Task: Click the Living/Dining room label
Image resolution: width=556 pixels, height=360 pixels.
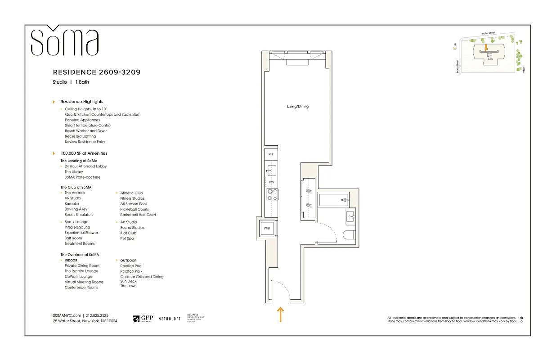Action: (x=297, y=107)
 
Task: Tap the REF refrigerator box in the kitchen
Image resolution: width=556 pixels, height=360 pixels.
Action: (x=271, y=154)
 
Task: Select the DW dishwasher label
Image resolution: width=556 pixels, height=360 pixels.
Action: (x=271, y=182)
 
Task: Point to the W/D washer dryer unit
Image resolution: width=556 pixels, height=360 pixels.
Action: (x=267, y=229)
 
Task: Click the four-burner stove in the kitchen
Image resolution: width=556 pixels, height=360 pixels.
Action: (x=272, y=194)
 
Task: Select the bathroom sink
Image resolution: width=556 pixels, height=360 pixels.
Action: (x=350, y=218)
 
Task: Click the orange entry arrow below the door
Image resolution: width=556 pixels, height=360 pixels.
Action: (x=280, y=315)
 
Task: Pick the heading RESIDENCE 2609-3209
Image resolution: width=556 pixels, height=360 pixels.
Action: (x=99, y=72)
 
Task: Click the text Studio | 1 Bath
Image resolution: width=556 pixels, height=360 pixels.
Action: (x=71, y=82)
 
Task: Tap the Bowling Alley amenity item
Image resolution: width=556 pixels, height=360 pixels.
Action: (x=76, y=209)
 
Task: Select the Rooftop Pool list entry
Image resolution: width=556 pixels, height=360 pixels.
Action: (x=131, y=266)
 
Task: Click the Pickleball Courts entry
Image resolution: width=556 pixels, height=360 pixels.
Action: (x=135, y=209)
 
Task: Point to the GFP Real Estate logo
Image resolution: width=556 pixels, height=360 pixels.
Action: (x=143, y=319)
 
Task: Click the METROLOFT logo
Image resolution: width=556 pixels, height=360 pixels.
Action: (x=170, y=319)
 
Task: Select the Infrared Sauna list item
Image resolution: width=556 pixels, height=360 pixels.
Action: (x=77, y=227)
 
